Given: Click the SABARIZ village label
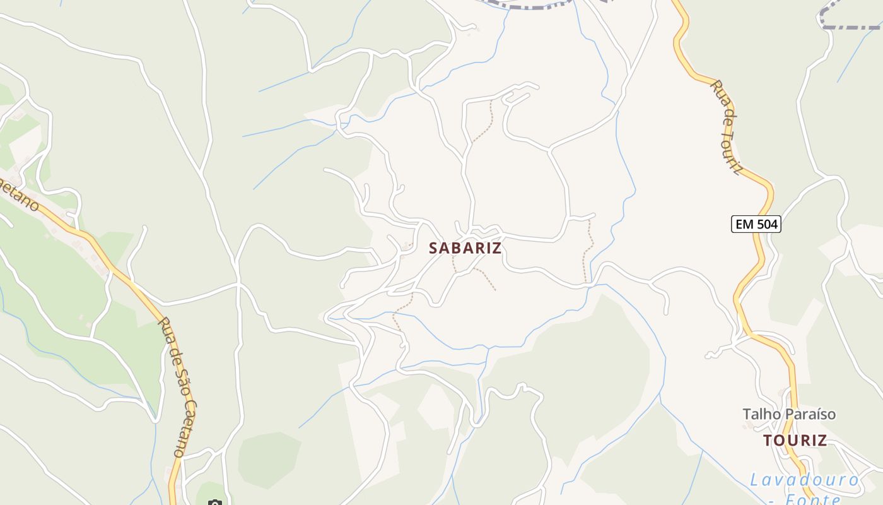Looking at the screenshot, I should (x=465, y=248).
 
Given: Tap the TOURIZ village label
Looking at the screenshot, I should (x=795, y=441).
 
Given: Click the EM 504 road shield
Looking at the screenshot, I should (x=756, y=223).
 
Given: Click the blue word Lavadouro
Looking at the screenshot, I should (x=804, y=480).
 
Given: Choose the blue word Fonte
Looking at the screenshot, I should (x=814, y=500).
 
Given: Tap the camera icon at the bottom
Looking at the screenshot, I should (x=215, y=503).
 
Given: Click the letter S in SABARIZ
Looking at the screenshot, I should (x=433, y=248).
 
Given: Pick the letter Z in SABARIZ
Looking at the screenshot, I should (x=497, y=248).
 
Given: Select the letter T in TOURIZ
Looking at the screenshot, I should (x=768, y=441).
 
